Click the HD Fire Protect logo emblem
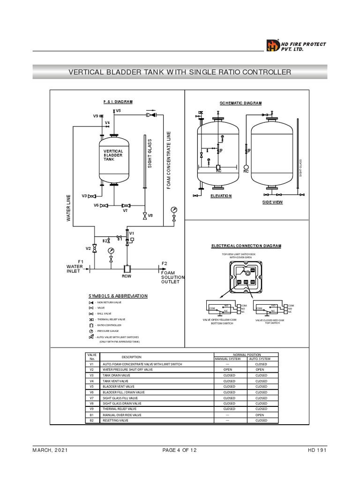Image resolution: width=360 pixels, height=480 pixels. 273,45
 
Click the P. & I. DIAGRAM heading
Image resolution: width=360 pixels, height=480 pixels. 118,101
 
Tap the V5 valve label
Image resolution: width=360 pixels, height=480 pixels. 118,111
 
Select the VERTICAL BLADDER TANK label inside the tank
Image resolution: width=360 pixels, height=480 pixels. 113,155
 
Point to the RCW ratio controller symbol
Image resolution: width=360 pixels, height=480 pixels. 127,269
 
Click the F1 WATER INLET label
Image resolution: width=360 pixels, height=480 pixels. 75,267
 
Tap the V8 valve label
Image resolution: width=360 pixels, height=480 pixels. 150,215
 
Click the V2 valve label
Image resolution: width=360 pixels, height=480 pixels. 88,248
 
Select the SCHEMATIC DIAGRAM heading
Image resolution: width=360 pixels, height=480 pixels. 241,103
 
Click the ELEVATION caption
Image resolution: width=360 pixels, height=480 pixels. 221,195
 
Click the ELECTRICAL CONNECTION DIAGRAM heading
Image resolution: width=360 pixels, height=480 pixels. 246,246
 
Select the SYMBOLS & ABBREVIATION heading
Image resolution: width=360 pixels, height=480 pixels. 118,296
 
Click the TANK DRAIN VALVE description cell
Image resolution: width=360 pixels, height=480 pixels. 116,375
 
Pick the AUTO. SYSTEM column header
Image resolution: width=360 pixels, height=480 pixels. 260,359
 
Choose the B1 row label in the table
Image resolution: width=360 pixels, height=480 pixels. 92,415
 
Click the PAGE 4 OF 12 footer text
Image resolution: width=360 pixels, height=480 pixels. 180,450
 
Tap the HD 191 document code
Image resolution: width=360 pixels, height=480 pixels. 317,450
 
